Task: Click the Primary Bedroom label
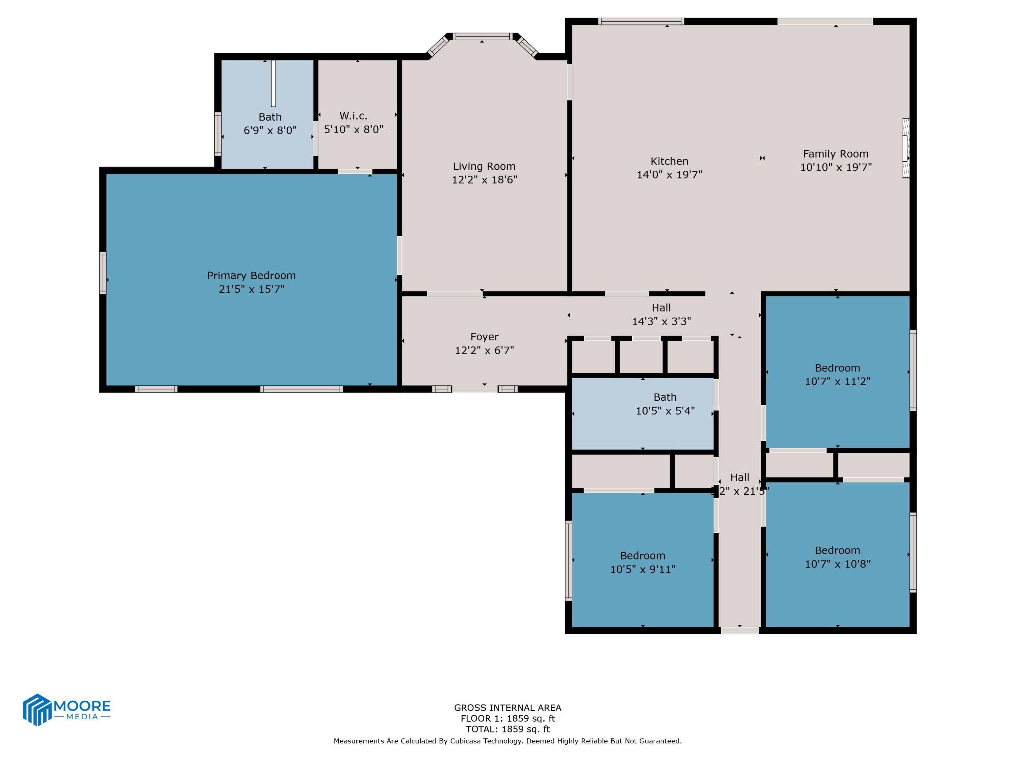pyautogui.click(x=251, y=276)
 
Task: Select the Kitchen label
pyautogui.click(x=669, y=161)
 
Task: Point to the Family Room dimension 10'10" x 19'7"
pyautogui.click(x=835, y=167)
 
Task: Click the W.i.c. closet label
pyautogui.click(x=353, y=116)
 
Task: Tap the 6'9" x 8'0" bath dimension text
pyautogui.click(x=270, y=130)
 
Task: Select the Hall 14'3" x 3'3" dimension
pyautogui.click(x=661, y=321)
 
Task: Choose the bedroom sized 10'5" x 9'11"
pyautogui.click(x=642, y=563)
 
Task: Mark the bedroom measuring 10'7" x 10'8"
pyautogui.click(x=837, y=557)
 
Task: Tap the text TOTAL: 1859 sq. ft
pyautogui.click(x=508, y=729)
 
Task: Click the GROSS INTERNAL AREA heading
pyautogui.click(x=508, y=708)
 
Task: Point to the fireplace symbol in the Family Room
pyautogui.click(x=906, y=148)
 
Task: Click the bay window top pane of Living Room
pyautogui.click(x=482, y=36)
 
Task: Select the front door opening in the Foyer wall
pyautogui.click(x=475, y=389)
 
